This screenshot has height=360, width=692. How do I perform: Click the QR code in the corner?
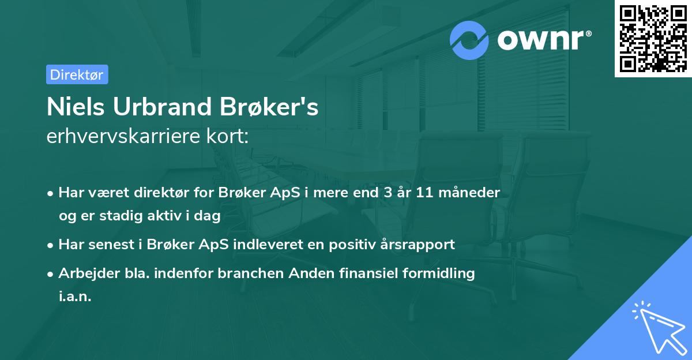(653, 39)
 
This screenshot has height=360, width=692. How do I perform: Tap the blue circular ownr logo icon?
(469, 40)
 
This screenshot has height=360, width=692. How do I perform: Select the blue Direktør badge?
(77, 74)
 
